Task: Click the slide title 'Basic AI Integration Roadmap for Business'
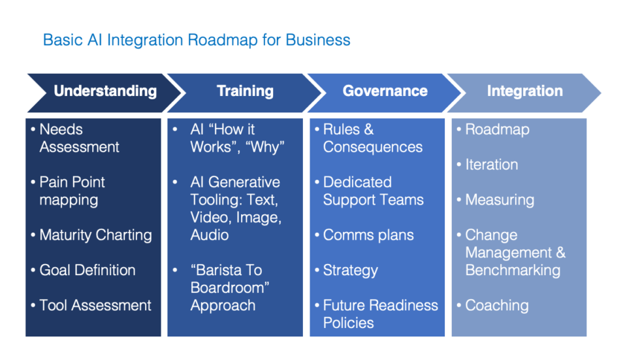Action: [197, 40]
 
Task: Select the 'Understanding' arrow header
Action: [105, 91]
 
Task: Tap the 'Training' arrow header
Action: [245, 91]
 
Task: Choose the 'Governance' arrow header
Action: [385, 91]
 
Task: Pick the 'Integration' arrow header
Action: [524, 91]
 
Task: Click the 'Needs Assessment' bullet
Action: [79, 138]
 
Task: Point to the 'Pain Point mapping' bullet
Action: [72, 191]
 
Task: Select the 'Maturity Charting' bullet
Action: [95, 235]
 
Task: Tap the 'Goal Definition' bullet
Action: [88, 270]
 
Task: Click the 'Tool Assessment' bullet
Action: [95, 306]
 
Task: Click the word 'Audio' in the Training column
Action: [209, 235]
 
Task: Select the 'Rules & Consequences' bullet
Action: [372, 138]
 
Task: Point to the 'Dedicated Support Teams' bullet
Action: [373, 191]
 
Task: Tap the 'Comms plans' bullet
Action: [368, 235]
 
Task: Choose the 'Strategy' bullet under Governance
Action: [350, 270]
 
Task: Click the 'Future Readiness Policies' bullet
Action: [380, 314]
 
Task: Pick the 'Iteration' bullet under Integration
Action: [491, 165]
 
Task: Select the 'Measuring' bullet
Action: [499, 200]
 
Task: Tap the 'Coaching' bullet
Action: [496, 306]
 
